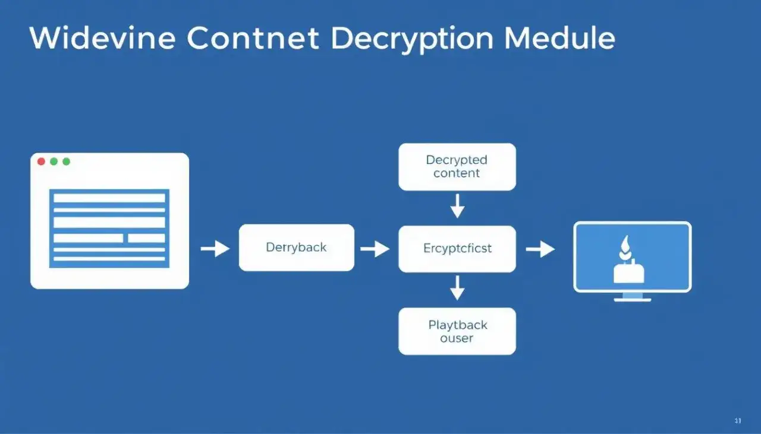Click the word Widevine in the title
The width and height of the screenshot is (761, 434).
coord(102,39)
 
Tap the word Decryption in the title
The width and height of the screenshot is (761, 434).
coord(412,40)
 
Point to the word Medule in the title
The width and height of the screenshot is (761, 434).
coord(559,39)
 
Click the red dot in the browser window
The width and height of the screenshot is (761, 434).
coord(41,161)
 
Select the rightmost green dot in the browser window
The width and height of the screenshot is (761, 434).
coord(66,161)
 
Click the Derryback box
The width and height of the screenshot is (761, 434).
coord(296,248)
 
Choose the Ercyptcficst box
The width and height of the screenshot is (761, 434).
coord(457,248)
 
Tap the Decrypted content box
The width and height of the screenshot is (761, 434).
coord(457,167)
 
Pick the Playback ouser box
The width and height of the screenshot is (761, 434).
coord(457,331)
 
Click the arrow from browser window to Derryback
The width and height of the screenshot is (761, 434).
coord(215,249)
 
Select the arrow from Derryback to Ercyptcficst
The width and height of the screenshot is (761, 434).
coord(375,249)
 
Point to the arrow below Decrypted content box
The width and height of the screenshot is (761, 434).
coord(457,207)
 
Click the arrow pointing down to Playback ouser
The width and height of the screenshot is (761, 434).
coord(457,289)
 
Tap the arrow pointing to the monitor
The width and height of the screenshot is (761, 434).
coord(540,249)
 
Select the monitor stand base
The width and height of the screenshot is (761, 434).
coord(632,299)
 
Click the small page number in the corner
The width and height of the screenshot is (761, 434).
coord(738,421)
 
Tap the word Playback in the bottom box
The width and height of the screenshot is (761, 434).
coord(457,325)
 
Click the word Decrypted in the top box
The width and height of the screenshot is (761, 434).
coord(456,160)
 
